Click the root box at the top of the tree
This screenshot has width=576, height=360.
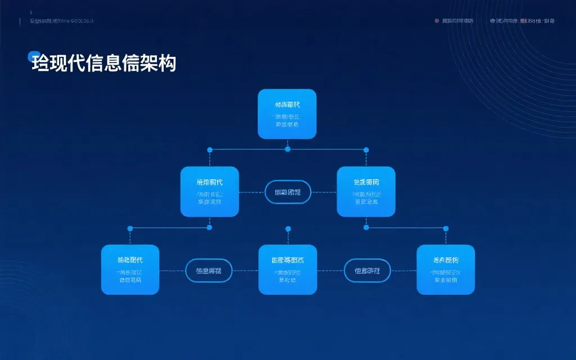pos(287,114)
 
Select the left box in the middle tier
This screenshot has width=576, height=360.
pos(209,192)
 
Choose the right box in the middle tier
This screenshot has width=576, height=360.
pos(366,192)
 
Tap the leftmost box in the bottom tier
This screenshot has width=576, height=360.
pos(130,269)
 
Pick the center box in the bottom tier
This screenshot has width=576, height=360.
pos(287,269)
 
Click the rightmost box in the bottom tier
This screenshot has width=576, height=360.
pos(445,269)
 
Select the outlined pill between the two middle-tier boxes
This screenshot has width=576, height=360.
pos(287,192)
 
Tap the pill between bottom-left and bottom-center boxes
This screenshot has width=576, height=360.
pos(209,271)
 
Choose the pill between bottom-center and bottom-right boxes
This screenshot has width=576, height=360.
pos(367,271)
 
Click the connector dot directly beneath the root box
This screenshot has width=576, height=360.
pos(287,149)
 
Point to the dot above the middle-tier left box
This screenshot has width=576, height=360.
pos(210,150)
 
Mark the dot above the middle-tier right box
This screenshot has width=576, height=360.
pos(366,150)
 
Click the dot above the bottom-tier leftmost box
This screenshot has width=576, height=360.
pos(130,228)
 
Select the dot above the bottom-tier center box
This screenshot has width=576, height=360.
pos(288,228)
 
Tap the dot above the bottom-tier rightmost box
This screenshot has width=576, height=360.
pos(446,228)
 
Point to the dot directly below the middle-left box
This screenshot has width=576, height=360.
pos(210,227)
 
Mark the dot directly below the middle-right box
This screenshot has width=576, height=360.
pos(366,227)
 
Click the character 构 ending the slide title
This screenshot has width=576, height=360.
pos(167,64)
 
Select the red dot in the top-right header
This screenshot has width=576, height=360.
pos(437,21)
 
